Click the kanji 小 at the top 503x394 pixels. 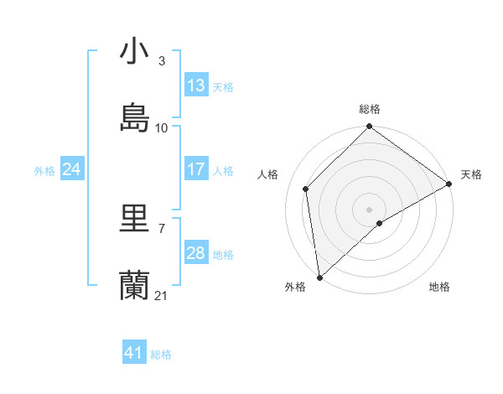tap(135, 52)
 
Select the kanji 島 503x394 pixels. tap(135, 118)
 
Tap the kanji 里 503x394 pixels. tap(135, 219)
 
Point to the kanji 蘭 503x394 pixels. tap(135, 286)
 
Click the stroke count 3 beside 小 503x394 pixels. tap(161, 61)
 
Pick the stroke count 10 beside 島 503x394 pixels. tap(162, 128)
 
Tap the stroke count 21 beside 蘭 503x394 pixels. tap(162, 296)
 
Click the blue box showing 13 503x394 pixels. tap(196, 86)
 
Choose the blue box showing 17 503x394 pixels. tap(196, 169)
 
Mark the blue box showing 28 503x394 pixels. tap(196, 253)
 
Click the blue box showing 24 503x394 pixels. tap(72, 169)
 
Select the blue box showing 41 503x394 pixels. tap(134, 353)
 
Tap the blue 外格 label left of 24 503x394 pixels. tap(44, 171)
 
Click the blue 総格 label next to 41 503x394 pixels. tap(161, 355)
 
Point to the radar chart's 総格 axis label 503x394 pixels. tap(370, 109)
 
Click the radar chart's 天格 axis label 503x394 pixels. tap(471, 174)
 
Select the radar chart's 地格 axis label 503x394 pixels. tap(439, 287)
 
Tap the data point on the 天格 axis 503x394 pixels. tap(449, 184)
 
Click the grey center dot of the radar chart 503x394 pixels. tap(370, 210)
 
